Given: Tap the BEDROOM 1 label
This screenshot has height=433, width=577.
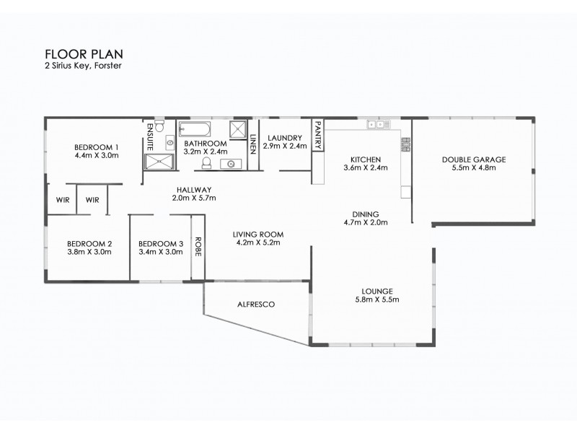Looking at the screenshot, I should (x=96, y=146).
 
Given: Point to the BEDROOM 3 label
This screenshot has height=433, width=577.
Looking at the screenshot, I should (x=160, y=243).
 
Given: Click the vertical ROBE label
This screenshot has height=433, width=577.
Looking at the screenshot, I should (x=198, y=248).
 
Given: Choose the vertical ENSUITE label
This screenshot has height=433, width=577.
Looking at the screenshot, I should (x=149, y=136).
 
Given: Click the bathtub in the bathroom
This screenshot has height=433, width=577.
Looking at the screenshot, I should (x=193, y=130).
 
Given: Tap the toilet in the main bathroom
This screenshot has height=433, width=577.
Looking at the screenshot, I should (x=206, y=164).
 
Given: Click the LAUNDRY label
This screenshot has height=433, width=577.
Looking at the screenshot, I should (x=283, y=137).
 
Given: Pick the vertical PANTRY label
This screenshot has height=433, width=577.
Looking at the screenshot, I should (x=317, y=132).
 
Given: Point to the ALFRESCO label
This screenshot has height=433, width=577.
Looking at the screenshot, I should (x=255, y=305).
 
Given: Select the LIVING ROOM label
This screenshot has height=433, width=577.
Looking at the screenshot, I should (x=257, y=234).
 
